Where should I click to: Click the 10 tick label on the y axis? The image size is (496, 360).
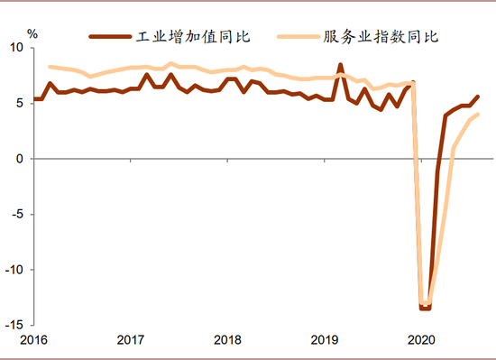17,48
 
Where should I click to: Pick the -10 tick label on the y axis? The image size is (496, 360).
15,270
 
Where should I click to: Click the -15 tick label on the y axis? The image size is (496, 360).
15,325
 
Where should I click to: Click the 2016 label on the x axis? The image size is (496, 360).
33,340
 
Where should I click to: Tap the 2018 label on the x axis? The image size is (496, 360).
227,340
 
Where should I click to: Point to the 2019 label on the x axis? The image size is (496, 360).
324,340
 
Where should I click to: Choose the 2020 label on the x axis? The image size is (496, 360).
420,340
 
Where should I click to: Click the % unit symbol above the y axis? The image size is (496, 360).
32,34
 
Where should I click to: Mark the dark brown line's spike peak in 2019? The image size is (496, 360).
341,65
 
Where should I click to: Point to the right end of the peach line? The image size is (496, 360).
478,115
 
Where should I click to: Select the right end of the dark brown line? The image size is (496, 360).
478,97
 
